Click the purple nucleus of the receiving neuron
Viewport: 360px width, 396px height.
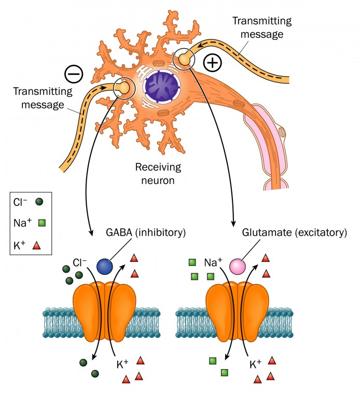pyautogui.click(x=161, y=85)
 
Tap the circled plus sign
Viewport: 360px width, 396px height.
pyautogui.click(x=213, y=63)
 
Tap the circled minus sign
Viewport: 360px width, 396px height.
pyautogui.click(x=74, y=74)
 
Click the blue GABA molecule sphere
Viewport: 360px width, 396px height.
pyautogui.click(x=105, y=266)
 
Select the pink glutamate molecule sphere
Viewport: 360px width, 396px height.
pyautogui.click(x=238, y=267)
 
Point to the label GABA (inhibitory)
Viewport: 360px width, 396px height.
pyautogui.click(x=150, y=233)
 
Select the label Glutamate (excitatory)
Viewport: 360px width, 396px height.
pyautogui.click(x=294, y=233)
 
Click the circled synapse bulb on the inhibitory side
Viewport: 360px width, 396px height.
pyautogui.click(x=124, y=89)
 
